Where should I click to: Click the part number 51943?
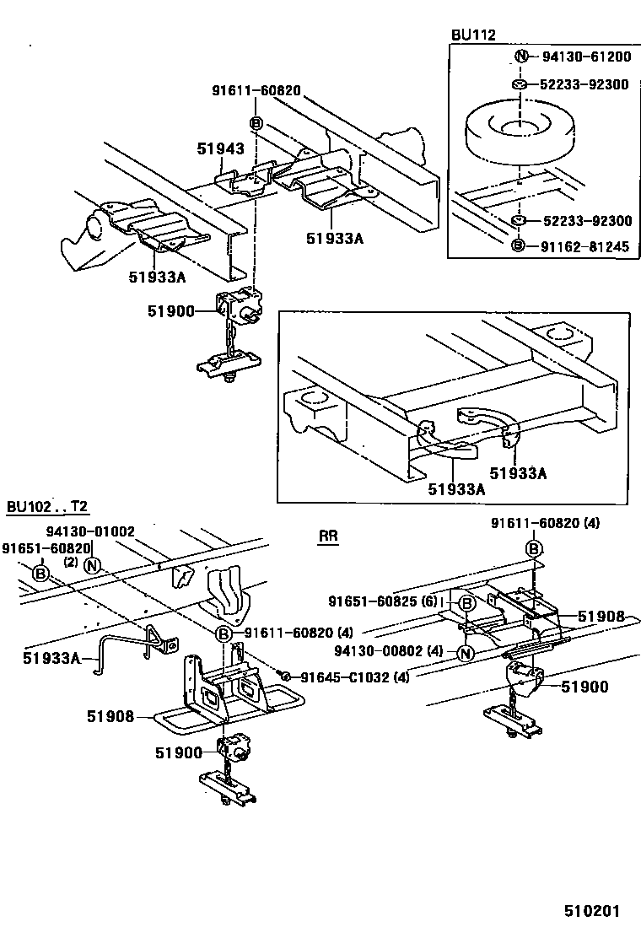click(x=220, y=148)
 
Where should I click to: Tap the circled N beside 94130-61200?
click(x=520, y=57)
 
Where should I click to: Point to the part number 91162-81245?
click(x=586, y=246)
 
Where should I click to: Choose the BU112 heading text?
click(x=473, y=35)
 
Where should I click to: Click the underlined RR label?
click(x=328, y=536)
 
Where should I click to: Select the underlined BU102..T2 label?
click(x=47, y=507)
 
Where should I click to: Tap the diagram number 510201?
click(x=592, y=911)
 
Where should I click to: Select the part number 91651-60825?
click(x=382, y=601)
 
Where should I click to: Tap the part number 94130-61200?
click(x=586, y=57)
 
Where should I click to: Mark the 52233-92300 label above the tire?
click(x=586, y=84)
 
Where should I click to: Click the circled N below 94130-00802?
click(x=465, y=653)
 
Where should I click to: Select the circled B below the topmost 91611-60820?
click(x=257, y=122)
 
